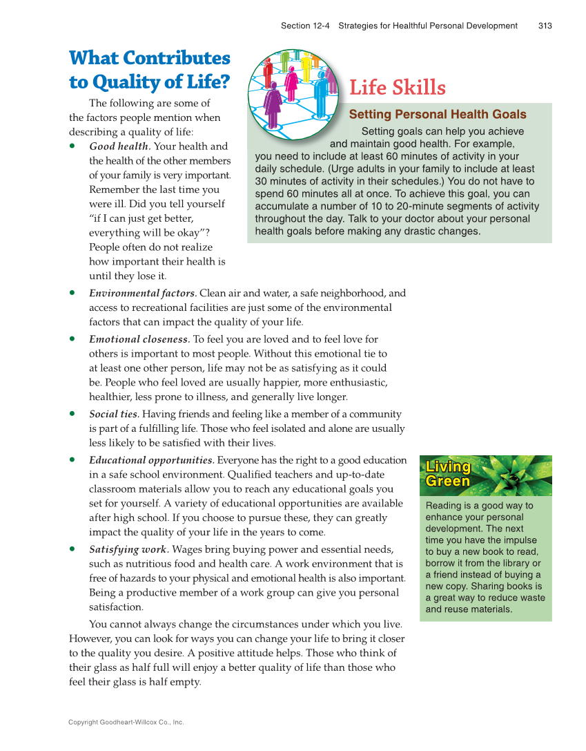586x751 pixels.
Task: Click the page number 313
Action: (x=545, y=26)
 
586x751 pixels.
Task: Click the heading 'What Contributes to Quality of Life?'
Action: (x=149, y=70)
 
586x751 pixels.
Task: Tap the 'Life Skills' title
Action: (x=398, y=88)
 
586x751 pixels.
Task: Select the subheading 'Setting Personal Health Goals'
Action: (x=438, y=115)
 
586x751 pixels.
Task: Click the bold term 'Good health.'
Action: (x=119, y=146)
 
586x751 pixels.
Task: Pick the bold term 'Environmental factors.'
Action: (x=143, y=293)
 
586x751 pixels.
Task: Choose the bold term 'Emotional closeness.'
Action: (x=139, y=339)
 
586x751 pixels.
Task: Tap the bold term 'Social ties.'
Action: (x=114, y=414)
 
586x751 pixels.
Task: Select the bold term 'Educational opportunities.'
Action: (x=151, y=460)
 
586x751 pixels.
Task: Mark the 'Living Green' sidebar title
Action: (x=448, y=474)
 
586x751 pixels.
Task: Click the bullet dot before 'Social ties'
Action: (x=72, y=414)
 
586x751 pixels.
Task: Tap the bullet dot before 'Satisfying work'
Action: (x=72, y=549)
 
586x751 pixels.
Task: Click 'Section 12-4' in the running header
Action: (x=305, y=26)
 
